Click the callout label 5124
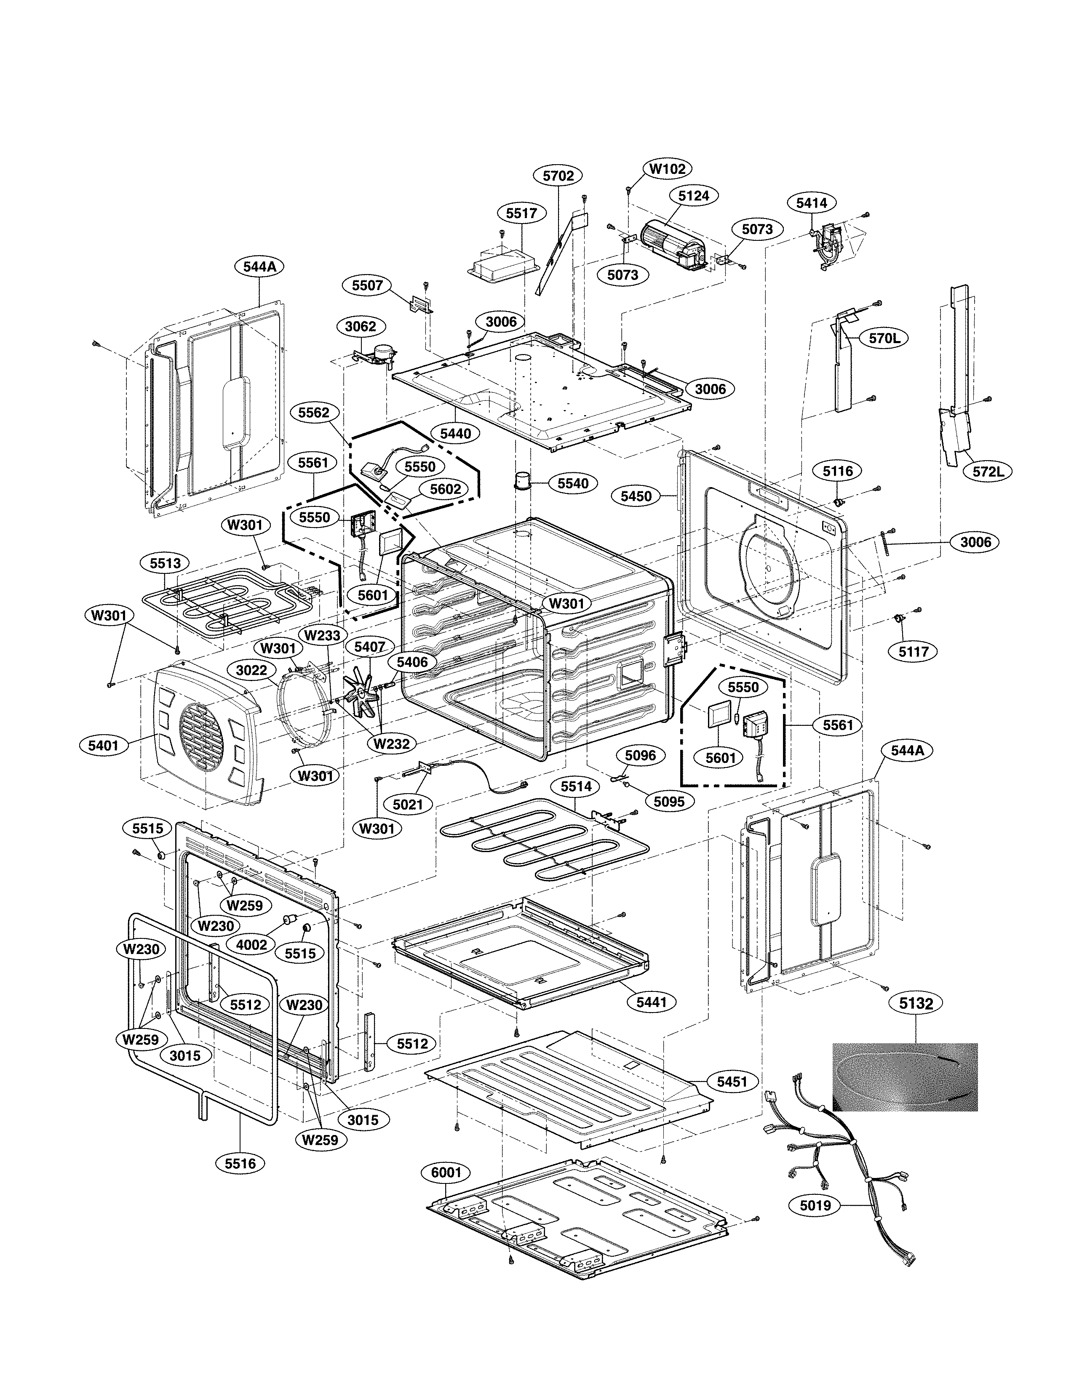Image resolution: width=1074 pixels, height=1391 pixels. click(x=693, y=195)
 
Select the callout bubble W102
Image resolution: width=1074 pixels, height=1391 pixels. click(x=668, y=169)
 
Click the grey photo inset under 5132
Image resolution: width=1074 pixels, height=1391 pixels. click(x=905, y=1077)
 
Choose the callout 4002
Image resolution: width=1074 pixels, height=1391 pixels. click(x=251, y=944)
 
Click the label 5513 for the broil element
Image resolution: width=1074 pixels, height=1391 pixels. click(x=165, y=563)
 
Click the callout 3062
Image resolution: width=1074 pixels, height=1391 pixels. click(x=361, y=327)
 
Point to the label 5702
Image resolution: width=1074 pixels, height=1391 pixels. click(x=558, y=176)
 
